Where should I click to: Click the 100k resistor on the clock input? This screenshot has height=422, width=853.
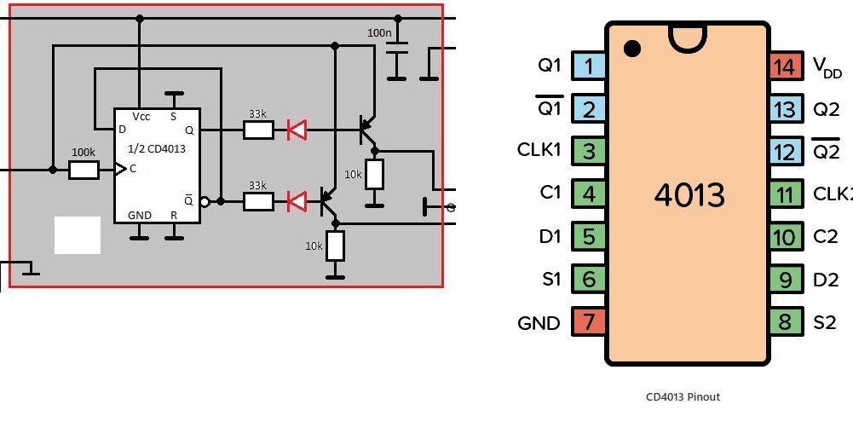(x=84, y=171)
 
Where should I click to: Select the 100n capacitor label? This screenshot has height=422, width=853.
(x=379, y=32)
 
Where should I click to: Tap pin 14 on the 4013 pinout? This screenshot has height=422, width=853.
(x=786, y=66)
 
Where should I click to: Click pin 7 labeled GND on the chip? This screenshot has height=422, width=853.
(x=588, y=321)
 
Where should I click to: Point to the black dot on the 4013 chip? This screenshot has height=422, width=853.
(x=632, y=49)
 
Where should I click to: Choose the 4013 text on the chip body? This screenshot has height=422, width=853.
(x=689, y=195)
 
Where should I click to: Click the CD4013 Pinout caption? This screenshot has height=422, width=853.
(x=683, y=397)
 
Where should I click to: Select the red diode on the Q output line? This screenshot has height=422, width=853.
(x=297, y=130)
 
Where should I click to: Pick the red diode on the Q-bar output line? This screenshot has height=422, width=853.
(x=297, y=201)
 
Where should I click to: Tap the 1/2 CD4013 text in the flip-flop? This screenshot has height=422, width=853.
(x=157, y=148)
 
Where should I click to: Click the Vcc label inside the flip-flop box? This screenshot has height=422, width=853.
(x=141, y=117)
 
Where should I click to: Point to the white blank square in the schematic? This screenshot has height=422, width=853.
(x=78, y=235)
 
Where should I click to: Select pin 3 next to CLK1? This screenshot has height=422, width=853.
(x=588, y=152)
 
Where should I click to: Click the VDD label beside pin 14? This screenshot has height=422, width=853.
(x=827, y=67)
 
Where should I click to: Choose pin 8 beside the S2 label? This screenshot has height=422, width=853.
(x=786, y=321)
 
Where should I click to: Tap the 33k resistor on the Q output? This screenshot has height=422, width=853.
(x=258, y=130)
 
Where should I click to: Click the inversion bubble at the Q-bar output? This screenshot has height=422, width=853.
(x=205, y=202)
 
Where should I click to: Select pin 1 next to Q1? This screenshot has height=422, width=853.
(x=588, y=66)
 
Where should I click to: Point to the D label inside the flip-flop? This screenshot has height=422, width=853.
(x=122, y=130)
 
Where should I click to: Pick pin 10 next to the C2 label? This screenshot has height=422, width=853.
(x=786, y=236)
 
